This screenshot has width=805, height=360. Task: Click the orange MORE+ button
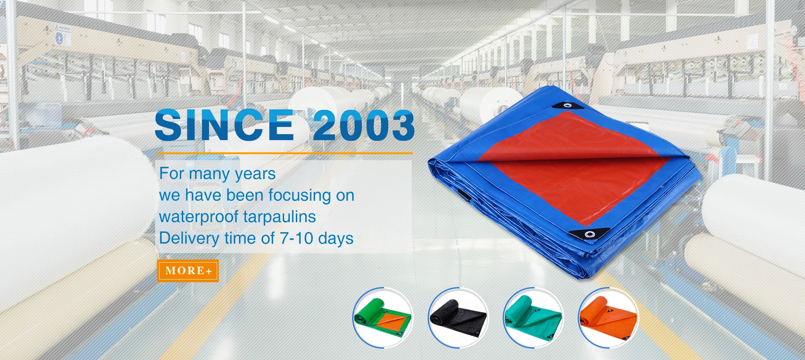click(188, 271)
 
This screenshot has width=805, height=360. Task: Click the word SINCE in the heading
click(225, 125)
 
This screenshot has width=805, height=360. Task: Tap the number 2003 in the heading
click(363, 125)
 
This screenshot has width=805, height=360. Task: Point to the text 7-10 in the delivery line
click(296, 238)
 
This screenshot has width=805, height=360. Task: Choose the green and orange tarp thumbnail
click(382, 318)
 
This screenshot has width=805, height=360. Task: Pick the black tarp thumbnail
click(458, 318)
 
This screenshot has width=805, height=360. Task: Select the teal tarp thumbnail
click(533, 318)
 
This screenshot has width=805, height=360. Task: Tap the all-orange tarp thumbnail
click(608, 318)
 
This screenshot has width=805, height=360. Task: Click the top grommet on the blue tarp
click(567, 105)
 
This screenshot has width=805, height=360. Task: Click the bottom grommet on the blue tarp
click(589, 234)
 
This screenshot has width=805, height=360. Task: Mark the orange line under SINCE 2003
click(284, 153)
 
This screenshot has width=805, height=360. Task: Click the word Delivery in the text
click(189, 238)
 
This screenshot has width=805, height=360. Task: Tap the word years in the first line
click(255, 174)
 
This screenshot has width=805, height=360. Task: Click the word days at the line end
click(336, 238)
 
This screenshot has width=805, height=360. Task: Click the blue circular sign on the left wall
click(59, 39)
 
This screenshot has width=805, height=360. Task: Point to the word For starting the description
click(171, 174)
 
